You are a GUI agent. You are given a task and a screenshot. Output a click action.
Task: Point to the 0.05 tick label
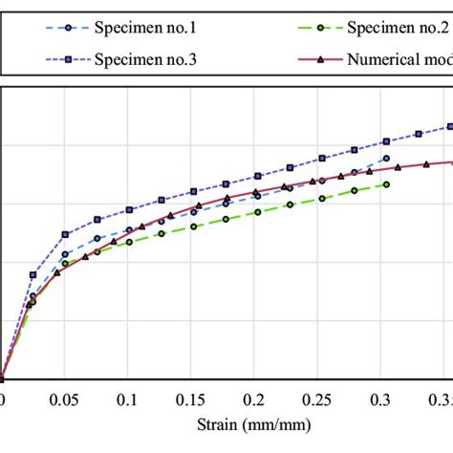pos(64,397)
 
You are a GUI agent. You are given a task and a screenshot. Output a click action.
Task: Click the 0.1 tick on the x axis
pos(128,397)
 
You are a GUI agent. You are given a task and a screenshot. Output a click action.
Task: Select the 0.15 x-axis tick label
pos(192,397)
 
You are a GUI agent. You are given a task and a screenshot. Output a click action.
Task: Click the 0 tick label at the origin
pos(3,397)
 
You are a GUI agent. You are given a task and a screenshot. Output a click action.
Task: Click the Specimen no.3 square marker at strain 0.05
pos(65,234)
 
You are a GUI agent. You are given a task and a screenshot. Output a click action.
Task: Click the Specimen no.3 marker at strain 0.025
pos(33,274)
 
